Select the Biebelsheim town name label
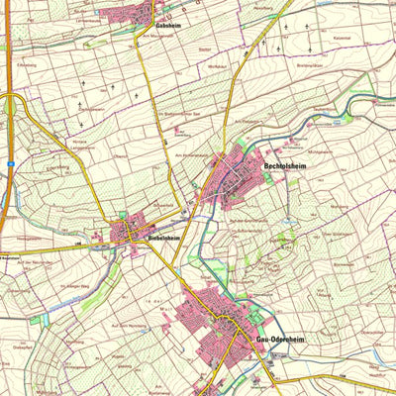tap(162, 239)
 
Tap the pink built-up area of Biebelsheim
tap(129, 233)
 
